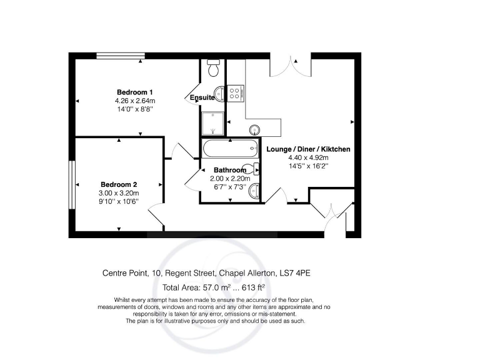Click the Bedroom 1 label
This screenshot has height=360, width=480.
(x=134, y=92)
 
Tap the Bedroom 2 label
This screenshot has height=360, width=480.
(x=119, y=184)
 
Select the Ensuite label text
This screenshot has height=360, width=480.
(x=202, y=97)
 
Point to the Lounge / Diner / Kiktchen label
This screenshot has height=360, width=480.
(x=308, y=149)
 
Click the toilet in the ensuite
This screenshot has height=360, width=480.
(x=212, y=66)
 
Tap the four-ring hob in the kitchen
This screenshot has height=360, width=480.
(x=236, y=93)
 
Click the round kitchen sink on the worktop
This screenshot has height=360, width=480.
(x=255, y=130)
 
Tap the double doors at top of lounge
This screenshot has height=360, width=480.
(x=291, y=65)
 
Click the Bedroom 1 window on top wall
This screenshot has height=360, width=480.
(x=121, y=56)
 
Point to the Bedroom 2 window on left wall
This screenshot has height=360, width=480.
(x=72, y=185)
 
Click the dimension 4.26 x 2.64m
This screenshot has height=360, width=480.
(x=134, y=101)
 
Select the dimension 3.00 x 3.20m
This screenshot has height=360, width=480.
(x=119, y=193)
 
